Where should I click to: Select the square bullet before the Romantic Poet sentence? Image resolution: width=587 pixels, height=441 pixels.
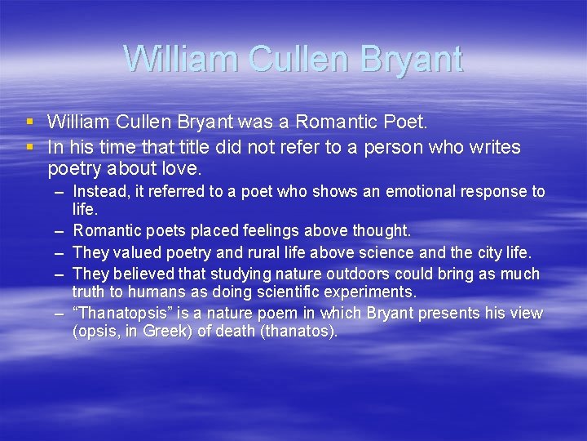point(29,122)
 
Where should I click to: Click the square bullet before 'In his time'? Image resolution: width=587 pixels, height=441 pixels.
point(29,146)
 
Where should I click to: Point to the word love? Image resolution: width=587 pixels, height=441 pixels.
point(181,169)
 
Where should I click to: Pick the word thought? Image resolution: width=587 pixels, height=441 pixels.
point(380,232)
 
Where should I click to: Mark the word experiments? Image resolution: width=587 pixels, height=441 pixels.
point(376,292)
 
